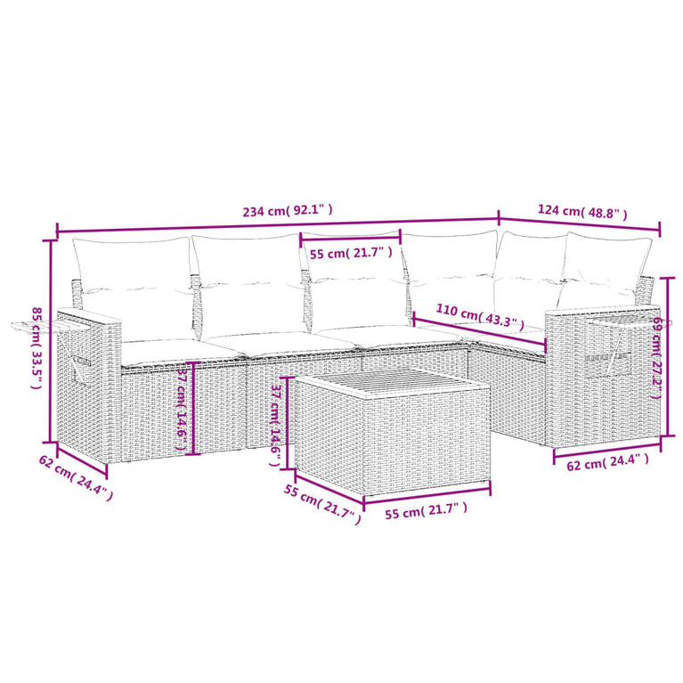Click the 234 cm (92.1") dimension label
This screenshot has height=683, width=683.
[x=288, y=210]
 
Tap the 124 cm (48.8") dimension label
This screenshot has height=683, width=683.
[x=582, y=212]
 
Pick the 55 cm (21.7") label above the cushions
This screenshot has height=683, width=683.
[x=351, y=252]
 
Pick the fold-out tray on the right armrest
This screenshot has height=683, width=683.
[x=638, y=322]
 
